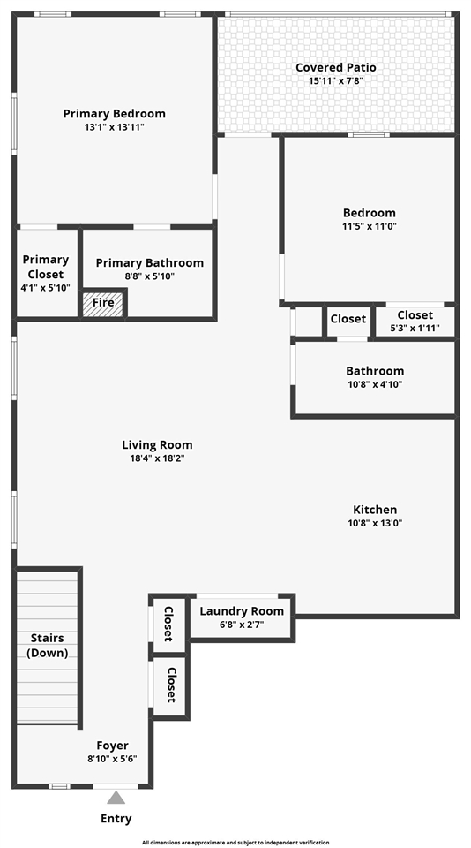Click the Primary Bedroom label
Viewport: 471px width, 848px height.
click(x=114, y=114)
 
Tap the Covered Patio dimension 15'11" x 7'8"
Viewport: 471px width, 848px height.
click(x=335, y=81)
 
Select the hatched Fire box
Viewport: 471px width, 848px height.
click(x=103, y=303)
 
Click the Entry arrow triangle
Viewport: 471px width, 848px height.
click(x=116, y=798)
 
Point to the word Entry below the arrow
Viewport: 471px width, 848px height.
click(x=116, y=819)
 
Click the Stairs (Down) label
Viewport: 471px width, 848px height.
click(x=47, y=645)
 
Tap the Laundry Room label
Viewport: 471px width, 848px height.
click(x=242, y=611)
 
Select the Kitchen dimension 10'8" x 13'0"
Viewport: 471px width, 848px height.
click(x=375, y=523)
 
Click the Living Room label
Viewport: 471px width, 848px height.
click(x=157, y=445)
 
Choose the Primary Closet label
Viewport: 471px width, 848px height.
click(x=46, y=266)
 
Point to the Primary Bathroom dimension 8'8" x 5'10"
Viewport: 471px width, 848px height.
click(x=149, y=276)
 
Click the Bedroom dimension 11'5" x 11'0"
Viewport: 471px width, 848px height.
click(x=369, y=226)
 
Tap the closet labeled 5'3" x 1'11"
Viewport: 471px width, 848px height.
click(x=415, y=322)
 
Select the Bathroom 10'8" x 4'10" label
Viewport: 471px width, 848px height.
click(x=375, y=377)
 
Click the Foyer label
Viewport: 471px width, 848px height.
click(x=112, y=746)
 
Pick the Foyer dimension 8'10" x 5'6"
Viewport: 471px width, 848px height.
click(x=112, y=759)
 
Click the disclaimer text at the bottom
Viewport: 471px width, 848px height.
click(x=235, y=843)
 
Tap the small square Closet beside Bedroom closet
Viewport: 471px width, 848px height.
click(x=348, y=320)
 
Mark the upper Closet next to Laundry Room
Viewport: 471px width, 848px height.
click(x=169, y=625)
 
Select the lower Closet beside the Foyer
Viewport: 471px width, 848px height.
click(x=171, y=684)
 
